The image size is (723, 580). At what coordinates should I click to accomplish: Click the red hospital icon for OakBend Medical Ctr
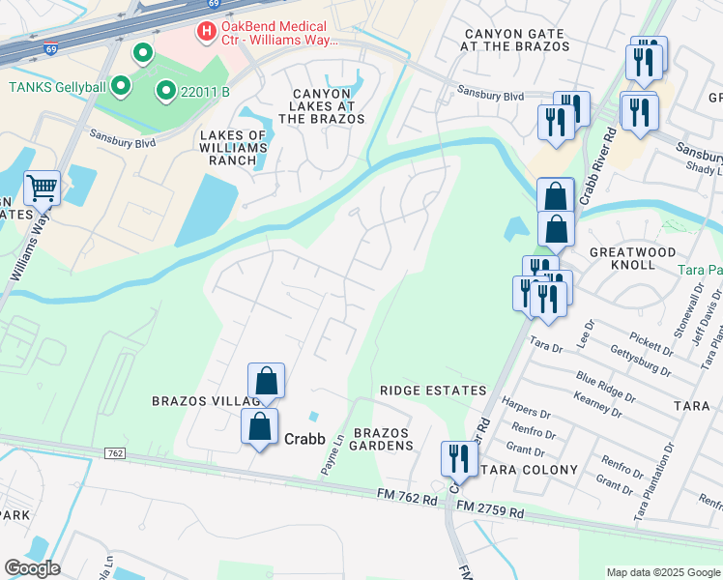205,32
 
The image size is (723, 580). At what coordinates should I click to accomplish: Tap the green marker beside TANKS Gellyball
121,87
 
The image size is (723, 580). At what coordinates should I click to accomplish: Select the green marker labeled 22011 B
165,92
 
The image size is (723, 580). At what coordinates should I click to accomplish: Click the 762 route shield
114,453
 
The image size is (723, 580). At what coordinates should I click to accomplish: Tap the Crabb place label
304,438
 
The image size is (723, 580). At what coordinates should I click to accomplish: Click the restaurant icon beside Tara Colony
458,457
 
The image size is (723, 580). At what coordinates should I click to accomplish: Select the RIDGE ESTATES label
432,391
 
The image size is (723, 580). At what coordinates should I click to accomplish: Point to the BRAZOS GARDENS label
383,439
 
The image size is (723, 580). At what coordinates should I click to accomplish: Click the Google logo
32,568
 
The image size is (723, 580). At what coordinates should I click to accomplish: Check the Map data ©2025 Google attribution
662,571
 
